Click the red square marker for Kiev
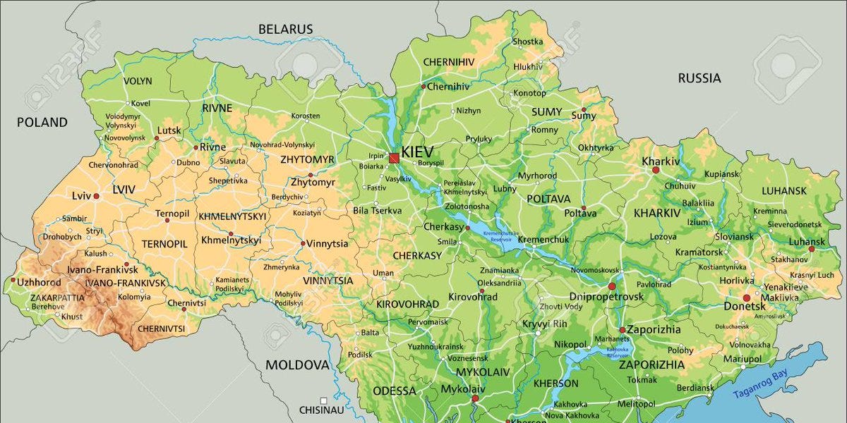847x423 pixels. [393, 158]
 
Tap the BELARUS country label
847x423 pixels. [285, 29]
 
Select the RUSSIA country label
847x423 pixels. [699, 78]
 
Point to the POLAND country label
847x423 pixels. [42, 122]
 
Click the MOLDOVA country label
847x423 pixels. [297, 364]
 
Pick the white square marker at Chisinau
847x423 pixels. [323, 400]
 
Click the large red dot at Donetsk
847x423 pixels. [746, 298]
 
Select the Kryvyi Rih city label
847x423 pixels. [544, 324]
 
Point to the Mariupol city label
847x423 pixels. [742, 359]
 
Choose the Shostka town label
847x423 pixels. [528, 42]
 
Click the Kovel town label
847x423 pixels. [140, 103]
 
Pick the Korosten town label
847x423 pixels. [306, 116]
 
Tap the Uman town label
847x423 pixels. [383, 273]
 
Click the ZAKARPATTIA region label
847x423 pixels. [57, 298]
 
